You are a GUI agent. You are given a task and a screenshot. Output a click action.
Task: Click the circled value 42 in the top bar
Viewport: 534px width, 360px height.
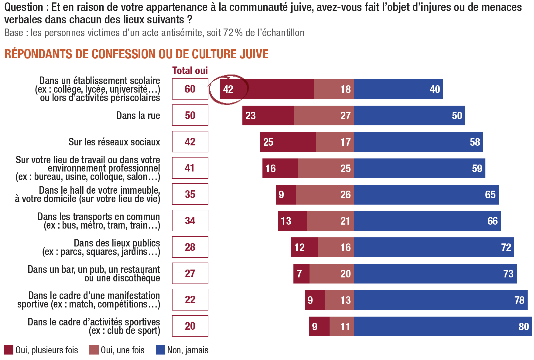click(228, 89)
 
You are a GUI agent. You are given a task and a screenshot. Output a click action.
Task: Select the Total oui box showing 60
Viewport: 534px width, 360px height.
click(190, 89)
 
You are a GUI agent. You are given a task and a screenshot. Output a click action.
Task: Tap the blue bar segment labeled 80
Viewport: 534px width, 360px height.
click(443, 326)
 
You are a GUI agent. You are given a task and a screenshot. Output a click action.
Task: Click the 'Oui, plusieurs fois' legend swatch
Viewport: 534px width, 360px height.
click(9, 350)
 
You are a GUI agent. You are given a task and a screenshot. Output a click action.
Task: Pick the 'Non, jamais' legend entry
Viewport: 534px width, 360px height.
click(182, 350)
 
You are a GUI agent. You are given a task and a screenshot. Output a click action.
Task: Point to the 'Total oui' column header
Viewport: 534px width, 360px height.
click(190, 70)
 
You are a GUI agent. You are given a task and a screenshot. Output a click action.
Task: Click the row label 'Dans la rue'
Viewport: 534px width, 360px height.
click(138, 115)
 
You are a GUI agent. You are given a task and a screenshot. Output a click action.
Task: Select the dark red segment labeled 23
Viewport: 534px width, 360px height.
click(268, 116)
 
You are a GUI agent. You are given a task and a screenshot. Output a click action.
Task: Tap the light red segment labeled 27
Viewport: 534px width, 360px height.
click(324, 116)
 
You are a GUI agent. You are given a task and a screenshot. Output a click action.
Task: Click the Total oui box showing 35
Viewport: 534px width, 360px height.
click(190, 194)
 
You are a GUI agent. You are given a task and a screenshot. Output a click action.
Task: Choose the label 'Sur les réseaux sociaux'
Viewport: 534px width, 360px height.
click(114, 142)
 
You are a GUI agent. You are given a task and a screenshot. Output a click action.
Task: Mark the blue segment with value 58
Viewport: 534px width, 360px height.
click(419, 142)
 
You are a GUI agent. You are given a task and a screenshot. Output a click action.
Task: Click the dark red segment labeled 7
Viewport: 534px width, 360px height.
click(301, 274)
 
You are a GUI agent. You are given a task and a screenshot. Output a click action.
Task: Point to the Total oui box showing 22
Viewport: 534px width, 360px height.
click(190, 300)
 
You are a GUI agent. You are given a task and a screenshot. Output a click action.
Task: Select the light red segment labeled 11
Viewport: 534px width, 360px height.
click(342, 326)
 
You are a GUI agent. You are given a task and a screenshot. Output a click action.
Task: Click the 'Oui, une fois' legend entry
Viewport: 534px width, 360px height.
click(117, 350)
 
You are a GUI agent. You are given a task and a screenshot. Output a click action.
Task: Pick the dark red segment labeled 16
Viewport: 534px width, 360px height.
click(280, 168)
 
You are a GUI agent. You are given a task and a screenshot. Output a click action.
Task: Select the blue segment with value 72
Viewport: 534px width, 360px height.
click(434, 247)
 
